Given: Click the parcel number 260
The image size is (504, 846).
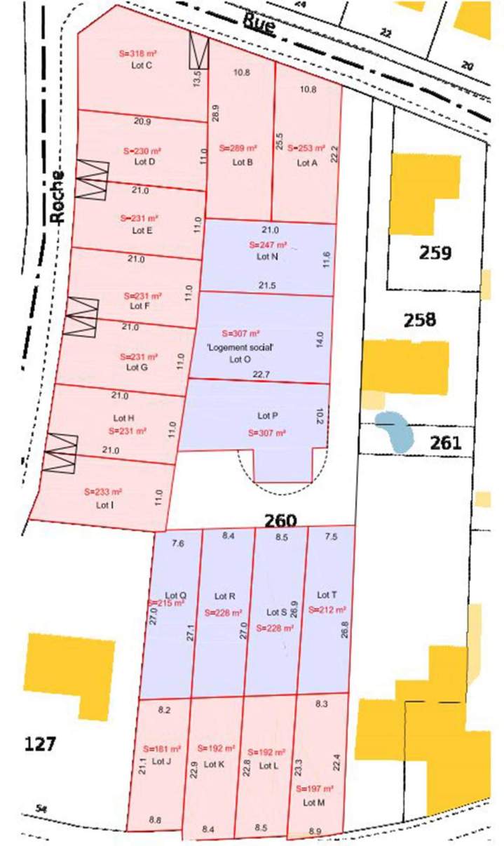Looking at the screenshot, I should pos(280,521).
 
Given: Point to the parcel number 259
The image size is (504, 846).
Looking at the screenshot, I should pos(435,253).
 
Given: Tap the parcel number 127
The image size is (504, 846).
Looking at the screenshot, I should pos(39,744).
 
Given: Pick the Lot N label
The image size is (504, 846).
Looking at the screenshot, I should pos(268,257).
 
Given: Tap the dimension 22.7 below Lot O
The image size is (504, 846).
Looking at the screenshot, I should pos(261,375).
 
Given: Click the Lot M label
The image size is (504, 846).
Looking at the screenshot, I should pos(313,802).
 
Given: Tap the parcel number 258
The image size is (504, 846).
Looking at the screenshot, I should pos(420,321).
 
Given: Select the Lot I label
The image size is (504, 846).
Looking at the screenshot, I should pos(104,504).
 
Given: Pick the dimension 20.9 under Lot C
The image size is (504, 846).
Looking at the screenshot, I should pos(142,121).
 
